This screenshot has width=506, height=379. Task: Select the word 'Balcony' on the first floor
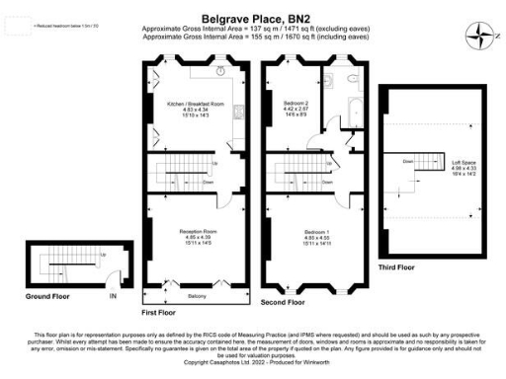198,294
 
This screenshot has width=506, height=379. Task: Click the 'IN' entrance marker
113,295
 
